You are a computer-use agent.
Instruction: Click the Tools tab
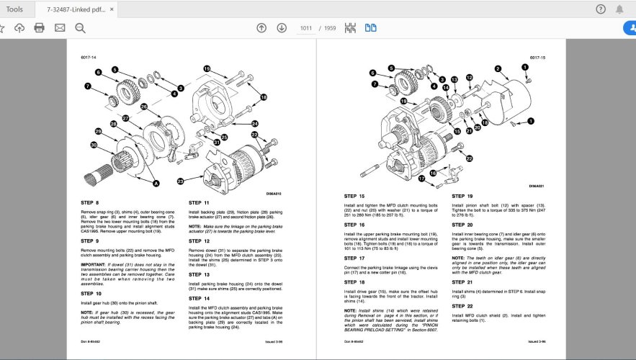coord(14,9)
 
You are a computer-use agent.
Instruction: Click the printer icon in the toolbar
coord(39,28)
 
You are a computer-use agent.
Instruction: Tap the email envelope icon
coord(60,28)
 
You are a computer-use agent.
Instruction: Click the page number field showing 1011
coord(307,28)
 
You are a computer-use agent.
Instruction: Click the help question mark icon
coord(601,9)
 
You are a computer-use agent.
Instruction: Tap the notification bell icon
coord(619,9)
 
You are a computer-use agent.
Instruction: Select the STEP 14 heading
coord(200,298)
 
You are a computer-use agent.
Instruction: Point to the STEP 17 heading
coord(354,258)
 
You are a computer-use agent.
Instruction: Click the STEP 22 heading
coord(462,306)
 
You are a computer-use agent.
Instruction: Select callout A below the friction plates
coord(157,184)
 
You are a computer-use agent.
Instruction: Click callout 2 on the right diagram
coord(498,69)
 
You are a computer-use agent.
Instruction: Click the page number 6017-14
coord(89,57)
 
